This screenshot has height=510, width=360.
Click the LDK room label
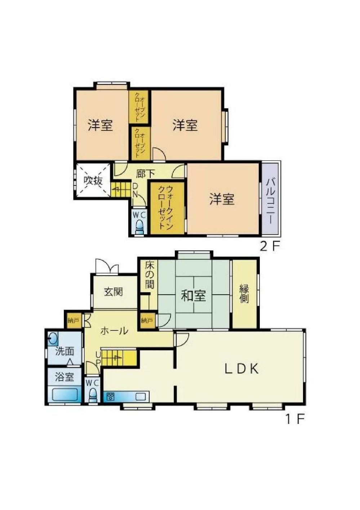[241, 369]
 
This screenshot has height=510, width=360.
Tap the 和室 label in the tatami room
[193, 296]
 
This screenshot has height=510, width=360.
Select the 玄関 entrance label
[114, 292]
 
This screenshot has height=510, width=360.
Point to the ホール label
[114, 331]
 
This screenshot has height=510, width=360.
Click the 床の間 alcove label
[150, 275]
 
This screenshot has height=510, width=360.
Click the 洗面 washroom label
[65, 352]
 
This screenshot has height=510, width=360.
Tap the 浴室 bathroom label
[65, 377]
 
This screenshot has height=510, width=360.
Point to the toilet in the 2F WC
[139, 227]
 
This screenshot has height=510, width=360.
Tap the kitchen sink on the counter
[140, 397]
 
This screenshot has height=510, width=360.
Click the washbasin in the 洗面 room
[53, 339]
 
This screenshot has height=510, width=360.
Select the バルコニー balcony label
[270, 198]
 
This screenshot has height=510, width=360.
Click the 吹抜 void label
[93, 181]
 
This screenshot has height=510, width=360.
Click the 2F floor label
[269, 247]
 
